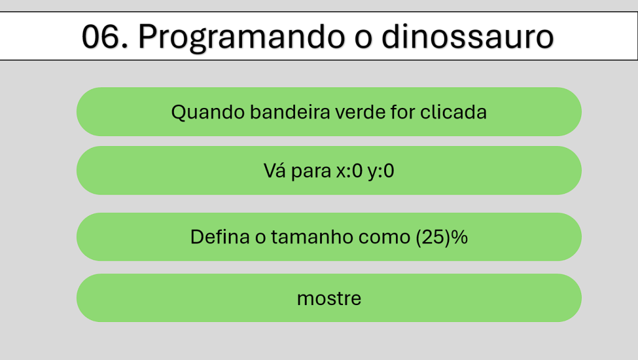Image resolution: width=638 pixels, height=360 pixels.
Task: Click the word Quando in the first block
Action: click(208, 112)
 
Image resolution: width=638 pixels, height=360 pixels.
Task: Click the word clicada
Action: click(453, 112)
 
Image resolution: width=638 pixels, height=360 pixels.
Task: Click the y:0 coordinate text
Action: click(381, 172)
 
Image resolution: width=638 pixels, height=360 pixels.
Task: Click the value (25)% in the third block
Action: click(442, 237)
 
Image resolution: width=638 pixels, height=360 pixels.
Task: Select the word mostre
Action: click(329, 298)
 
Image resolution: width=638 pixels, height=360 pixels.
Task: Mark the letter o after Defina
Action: click(261, 238)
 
